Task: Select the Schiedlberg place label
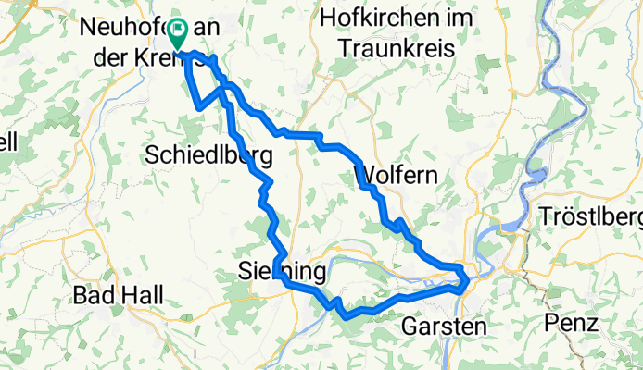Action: point(208,155)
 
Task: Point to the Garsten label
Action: point(444,327)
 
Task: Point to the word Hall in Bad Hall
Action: point(145,296)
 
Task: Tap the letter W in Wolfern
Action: point(362,174)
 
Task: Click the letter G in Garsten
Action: point(410,327)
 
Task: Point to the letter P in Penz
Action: point(553,326)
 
